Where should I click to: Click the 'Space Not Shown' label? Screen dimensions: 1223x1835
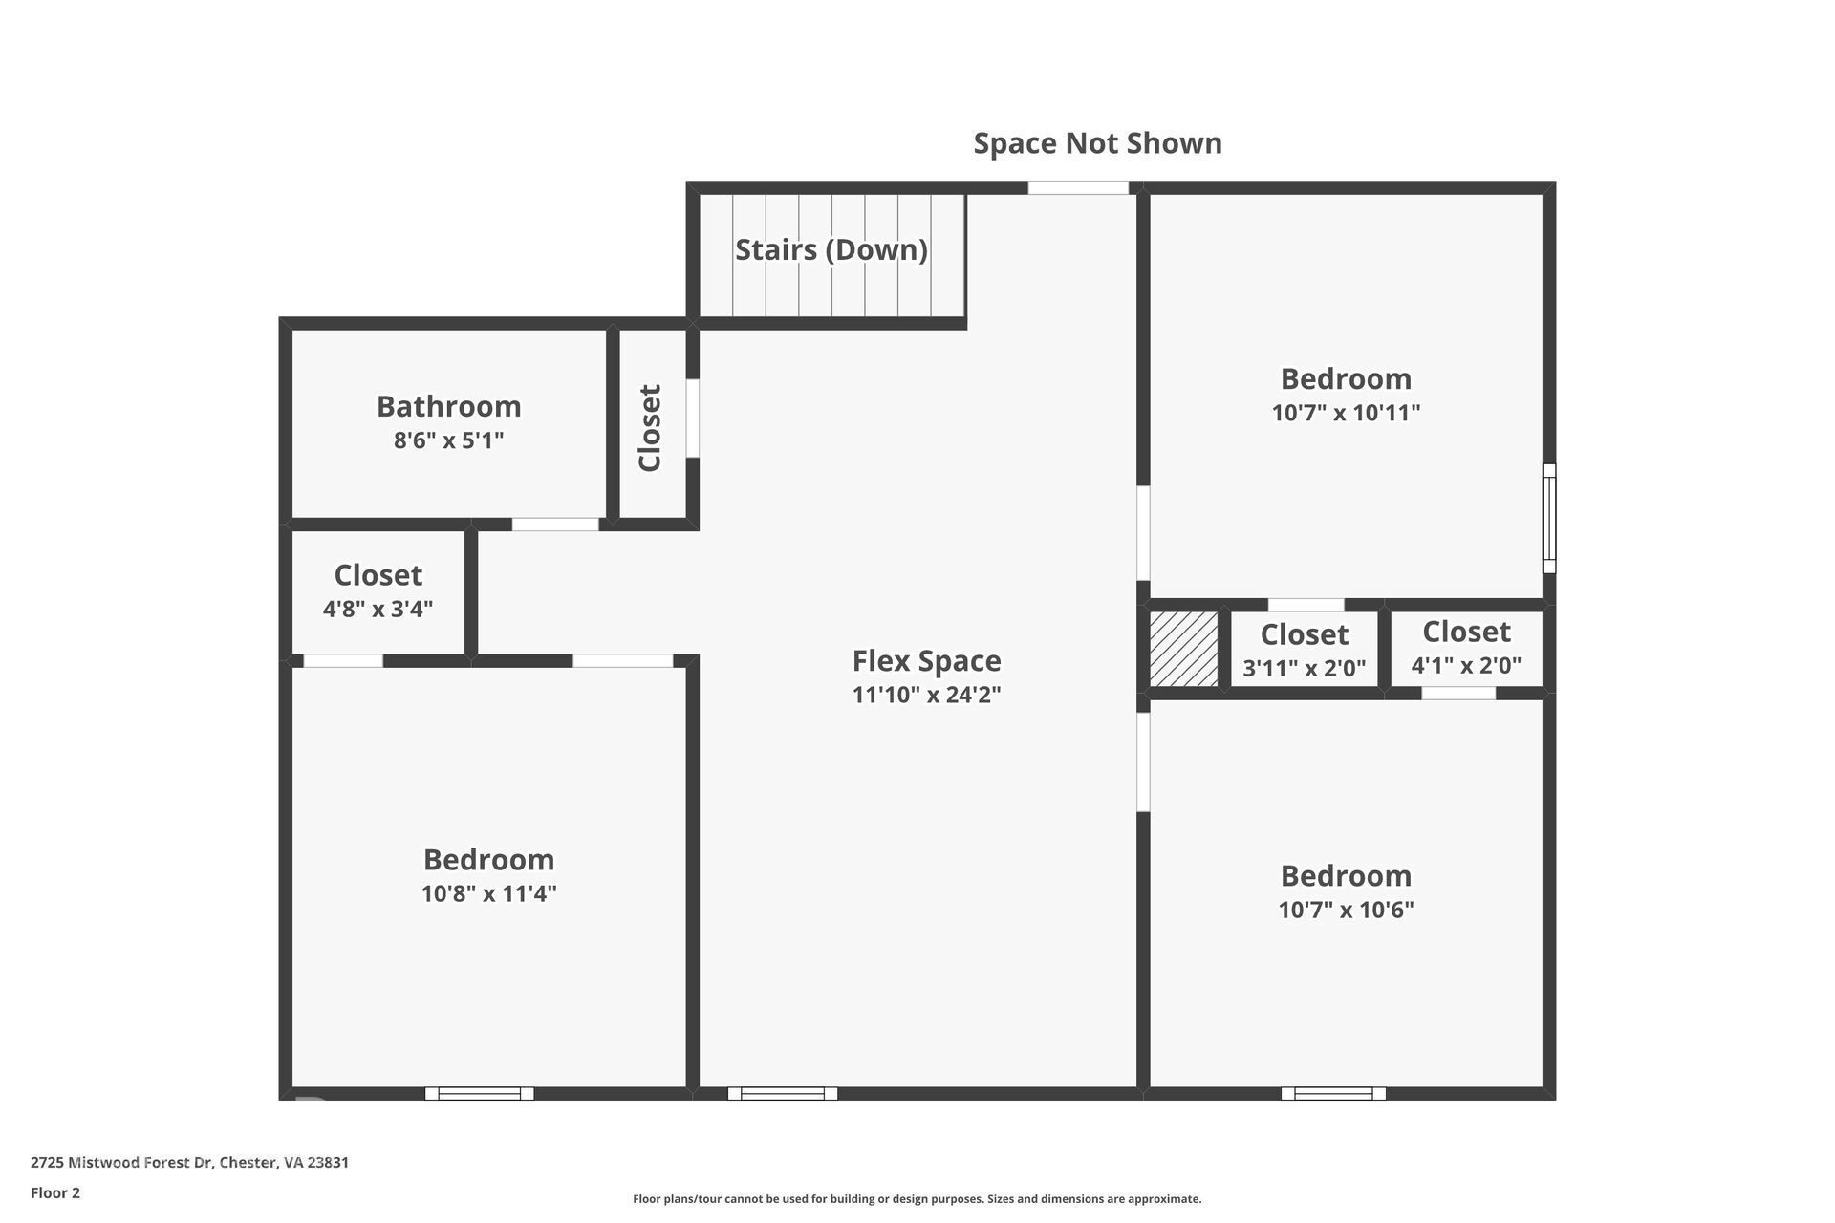click(x=1097, y=143)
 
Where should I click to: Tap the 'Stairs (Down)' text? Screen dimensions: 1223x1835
click(x=831, y=249)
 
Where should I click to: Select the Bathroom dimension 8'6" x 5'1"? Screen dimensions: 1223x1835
click(x=448, y=440)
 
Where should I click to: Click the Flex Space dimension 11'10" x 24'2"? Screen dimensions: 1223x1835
click(x=926, y=695)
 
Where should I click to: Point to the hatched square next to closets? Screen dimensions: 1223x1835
click(x=1183, y=650)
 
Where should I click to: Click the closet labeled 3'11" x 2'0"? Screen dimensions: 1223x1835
click(x=1304, y=651)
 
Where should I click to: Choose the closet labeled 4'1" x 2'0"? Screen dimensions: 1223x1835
click(x=1466, y=648)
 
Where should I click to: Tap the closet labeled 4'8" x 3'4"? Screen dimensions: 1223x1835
click(x=378, y=591)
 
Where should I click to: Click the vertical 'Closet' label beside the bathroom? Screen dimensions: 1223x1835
click(x=650, y=427)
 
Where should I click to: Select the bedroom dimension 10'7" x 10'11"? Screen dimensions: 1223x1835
click(x=1346, y=413)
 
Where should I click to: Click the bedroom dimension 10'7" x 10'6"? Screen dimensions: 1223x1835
click(x=1346, y=910)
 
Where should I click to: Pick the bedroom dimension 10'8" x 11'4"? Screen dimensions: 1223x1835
click(x=488, y=893)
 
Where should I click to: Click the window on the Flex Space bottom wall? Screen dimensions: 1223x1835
click(x=783, y=1093)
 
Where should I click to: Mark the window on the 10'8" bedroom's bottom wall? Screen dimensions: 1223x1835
click(x=479, y=1093)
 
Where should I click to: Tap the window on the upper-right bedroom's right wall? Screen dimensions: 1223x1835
click(x=1549, y=518)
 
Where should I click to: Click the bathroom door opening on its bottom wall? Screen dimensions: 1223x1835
click(x=555, y=525)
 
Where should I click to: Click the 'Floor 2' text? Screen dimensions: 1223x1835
click(x=55, y=1192)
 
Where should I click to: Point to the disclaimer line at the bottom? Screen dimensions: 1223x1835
click(x=917, y=1199)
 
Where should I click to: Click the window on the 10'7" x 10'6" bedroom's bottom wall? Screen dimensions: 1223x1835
click(x=1333, y=1093)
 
